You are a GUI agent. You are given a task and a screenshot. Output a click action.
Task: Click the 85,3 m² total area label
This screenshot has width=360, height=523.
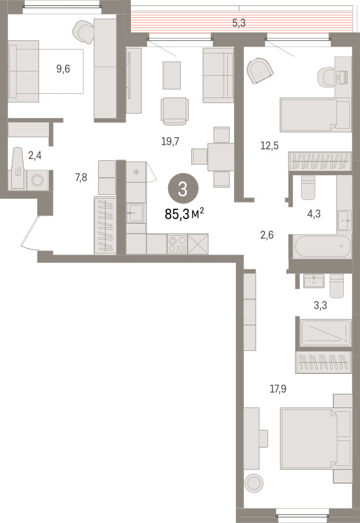(184, 214)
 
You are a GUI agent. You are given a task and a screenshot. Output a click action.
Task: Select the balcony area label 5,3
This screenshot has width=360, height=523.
(239, 23)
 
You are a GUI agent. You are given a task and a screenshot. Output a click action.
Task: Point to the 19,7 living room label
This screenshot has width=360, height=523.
(170, 142)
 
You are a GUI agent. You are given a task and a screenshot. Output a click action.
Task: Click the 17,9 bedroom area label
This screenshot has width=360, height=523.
(277, 389)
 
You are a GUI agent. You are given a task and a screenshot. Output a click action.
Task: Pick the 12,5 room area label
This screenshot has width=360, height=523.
(269, 146)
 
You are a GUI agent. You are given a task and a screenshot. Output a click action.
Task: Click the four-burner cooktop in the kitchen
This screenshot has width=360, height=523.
(178, 244)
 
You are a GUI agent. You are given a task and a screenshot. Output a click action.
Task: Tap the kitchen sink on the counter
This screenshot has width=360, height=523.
(136, 212)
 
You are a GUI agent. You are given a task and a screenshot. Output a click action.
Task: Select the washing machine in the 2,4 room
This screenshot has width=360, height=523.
(37, 181)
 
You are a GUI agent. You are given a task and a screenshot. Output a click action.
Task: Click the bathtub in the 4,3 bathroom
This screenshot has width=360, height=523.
(323, 246)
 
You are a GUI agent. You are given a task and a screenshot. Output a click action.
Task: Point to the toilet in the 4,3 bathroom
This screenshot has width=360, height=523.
(308, 187)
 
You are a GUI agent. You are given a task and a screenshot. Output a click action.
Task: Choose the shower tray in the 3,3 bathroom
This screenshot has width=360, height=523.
(326, 333)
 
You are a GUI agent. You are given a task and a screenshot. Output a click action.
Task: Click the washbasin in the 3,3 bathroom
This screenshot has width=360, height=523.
(313, 281)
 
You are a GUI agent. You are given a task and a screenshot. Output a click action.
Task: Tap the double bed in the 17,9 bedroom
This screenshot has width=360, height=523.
(315, 439)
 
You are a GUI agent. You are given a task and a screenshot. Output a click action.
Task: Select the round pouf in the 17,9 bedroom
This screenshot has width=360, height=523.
(254, 482)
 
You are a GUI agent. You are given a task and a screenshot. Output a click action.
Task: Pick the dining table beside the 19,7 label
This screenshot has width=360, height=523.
(221, 157)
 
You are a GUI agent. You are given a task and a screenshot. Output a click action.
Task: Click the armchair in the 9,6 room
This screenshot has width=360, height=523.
(83, 32)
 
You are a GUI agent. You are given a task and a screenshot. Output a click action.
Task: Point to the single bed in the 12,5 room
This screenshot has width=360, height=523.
(315, 115)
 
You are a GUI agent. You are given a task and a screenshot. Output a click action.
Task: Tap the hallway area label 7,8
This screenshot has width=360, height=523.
(81, 178)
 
